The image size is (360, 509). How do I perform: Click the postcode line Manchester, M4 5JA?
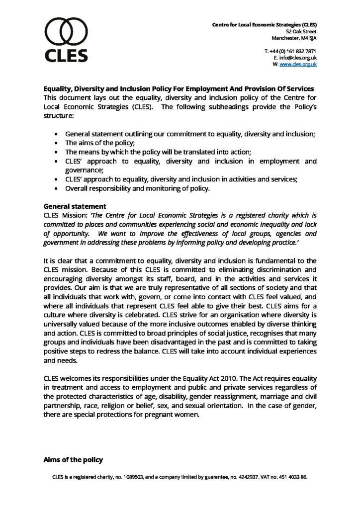[x=294, y=37]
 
